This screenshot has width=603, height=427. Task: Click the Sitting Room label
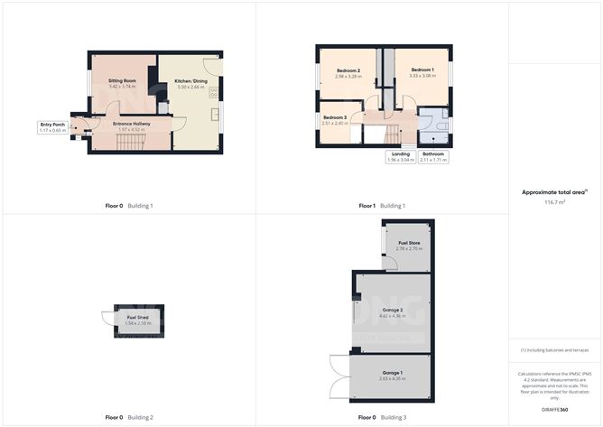(x=122, y=80)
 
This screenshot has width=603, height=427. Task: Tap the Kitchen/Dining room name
(x=190, y=81)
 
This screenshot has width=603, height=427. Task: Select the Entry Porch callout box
(x=52, y=126)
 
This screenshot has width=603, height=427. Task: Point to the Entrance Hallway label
(x=131, y=124)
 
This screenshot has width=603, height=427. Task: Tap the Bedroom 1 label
(x=422, y=70)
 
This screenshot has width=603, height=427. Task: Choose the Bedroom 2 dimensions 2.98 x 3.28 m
(x=348, y=77)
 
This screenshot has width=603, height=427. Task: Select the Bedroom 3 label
(x=335, y=118)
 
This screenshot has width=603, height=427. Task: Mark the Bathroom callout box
(x=433, y=156)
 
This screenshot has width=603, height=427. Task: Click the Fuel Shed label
(x=137, y=319)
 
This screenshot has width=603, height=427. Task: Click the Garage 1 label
(x=391, y=373)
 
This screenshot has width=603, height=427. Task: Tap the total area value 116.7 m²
(x=555, y=203)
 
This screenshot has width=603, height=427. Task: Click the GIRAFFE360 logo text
(x=555, y=410)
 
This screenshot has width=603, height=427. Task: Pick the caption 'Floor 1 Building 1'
(x=382, y=206)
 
